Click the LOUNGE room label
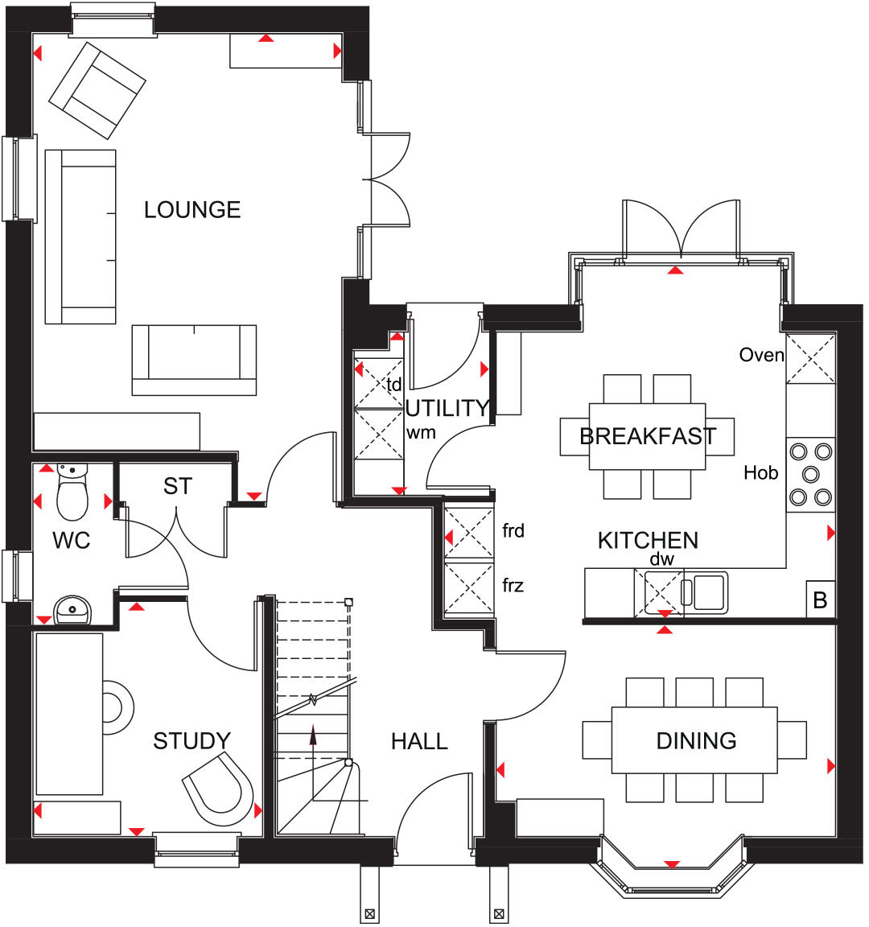coord(192,210)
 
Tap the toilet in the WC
coord(72,494)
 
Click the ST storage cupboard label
coord(178,486)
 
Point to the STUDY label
coord(192,740)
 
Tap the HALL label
coord(419,741)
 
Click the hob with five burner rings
coord(810,475)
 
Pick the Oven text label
coord(761,355)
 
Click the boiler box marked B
coord(821,600)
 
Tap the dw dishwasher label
coord(661,559)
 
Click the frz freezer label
coord(513,585)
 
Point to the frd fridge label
coord(513,530)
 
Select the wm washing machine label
coord(421,432)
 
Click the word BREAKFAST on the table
coord(648,436)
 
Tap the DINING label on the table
coord(696,740)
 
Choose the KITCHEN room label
coord(648,540)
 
